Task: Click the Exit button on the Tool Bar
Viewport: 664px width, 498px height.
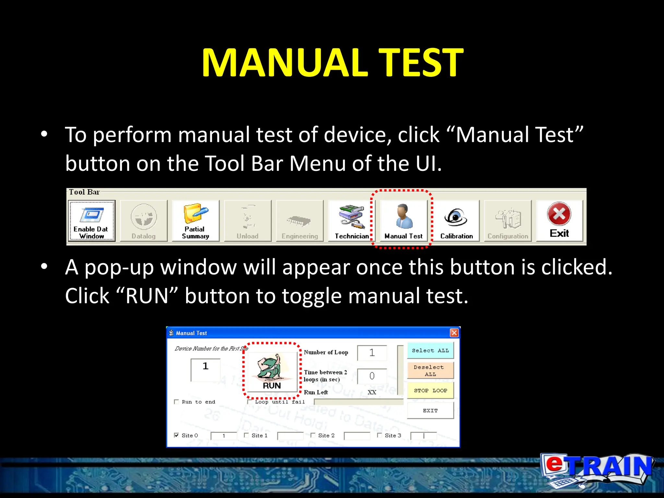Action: [x=559, y=220]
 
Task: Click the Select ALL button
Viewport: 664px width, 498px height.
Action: [x=430, y=350]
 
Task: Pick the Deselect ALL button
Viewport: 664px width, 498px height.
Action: [x=430, y=371]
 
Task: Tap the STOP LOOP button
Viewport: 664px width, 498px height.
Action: [x=430, y=390]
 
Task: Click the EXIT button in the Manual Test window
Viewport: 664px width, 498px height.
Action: [x=430, y=410]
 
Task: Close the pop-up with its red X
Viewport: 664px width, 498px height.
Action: [x=454, y=333]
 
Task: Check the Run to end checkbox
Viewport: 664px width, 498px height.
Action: [x=177, y=402]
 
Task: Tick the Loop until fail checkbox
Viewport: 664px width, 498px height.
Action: [x=250, y=402]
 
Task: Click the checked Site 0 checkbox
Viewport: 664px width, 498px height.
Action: [x=176, y=435]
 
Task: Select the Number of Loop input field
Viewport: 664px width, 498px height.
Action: [x=372, y=353]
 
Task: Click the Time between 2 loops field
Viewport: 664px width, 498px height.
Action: [x=372, y=376]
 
